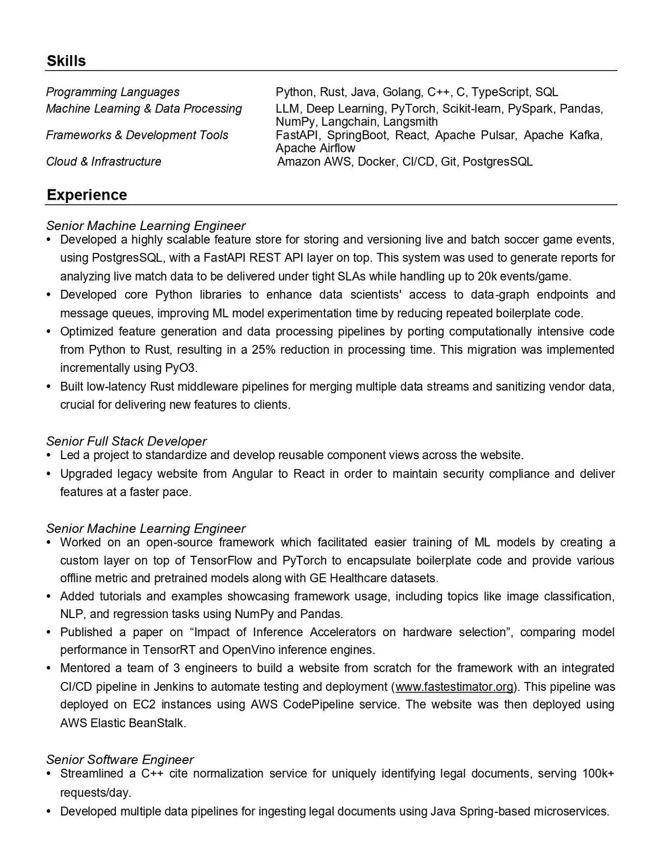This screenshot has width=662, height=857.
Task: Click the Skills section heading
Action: (x=66, y=61)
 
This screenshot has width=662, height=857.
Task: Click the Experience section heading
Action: (x=87, y=195)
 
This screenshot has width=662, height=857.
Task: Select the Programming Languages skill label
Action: (x=113, y=92)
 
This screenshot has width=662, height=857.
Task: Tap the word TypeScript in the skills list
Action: (x=500, y=92)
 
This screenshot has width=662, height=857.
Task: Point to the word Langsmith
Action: (x=410, y=122)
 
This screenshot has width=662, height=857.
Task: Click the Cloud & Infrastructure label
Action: (x=104, y=162)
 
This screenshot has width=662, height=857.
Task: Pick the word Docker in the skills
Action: (x=377, y=162)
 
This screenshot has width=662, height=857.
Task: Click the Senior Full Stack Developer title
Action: (x=126, y=441)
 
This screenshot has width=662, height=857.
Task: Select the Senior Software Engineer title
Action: (x=120, y=760)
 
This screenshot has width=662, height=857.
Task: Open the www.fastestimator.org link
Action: (x=455, y=687)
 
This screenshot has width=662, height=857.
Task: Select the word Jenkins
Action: (x=173, y=687)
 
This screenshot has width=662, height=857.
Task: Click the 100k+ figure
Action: (x=598, y=774)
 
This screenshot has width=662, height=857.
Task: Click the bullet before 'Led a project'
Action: (x=49, y=455)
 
